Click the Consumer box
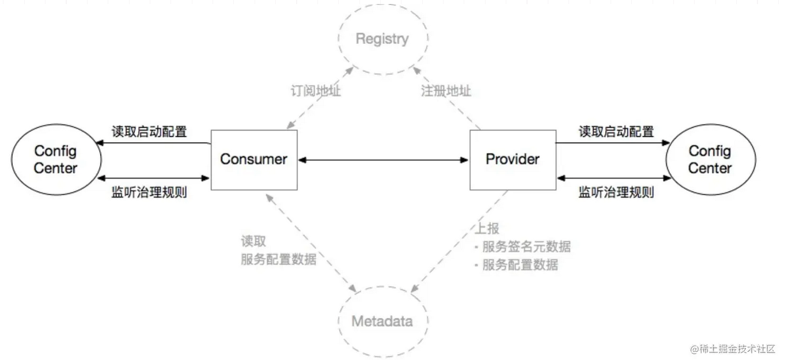[253, 160]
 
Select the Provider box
[513, 160]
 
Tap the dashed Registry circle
[382, 39]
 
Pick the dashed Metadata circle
[382, 321]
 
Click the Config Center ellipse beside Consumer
[55, 160]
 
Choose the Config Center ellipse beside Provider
[710, 160]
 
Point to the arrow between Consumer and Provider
[383, 160]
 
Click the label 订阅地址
[316, 91]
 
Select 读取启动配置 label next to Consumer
[149, 132]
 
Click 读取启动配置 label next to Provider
[616, 132]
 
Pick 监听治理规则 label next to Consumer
[149, 192]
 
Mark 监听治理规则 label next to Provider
[616, 192]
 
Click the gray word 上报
[486, 229]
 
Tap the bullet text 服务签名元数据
[526, 247]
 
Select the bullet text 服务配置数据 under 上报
[520, 265]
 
